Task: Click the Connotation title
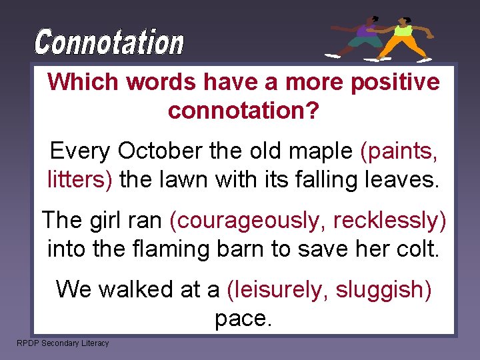tap(109, 43)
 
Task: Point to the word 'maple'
tap(321, 151)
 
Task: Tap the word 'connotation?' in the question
tap(243, 110)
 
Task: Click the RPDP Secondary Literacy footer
tap(63, 343)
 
